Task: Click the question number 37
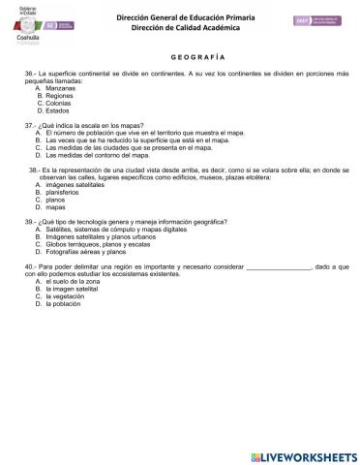point(30,127)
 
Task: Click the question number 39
point(30,222)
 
